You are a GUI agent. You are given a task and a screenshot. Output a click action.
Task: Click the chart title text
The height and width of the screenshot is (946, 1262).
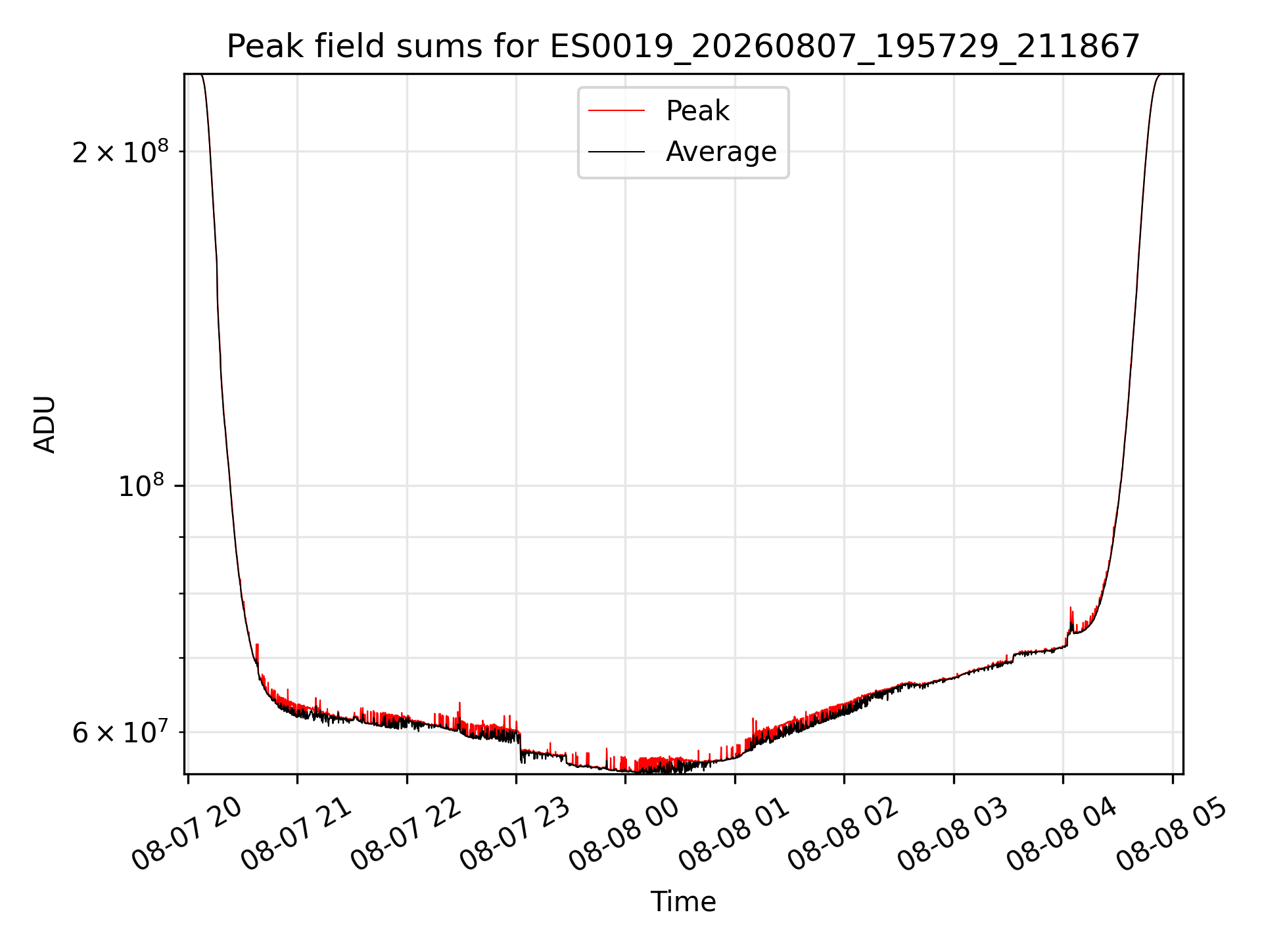tap(683, 47)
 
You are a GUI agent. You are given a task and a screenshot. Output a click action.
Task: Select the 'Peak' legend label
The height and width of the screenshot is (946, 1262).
tap(697, 111)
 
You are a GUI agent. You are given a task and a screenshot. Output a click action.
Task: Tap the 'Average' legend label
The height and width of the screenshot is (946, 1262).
tap(721, 152)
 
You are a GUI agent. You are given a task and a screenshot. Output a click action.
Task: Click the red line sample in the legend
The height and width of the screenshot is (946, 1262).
tap(617, 111)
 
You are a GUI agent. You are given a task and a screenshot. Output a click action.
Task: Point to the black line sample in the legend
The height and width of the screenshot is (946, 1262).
tap(617, 152)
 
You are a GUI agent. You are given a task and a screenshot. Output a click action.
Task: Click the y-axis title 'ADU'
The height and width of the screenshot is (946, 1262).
tap(45, 424)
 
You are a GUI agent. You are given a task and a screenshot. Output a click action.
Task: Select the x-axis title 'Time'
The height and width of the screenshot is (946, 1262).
tap(683, 901)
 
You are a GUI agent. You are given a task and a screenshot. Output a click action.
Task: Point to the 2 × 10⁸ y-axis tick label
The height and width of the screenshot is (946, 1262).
tap(120, 152)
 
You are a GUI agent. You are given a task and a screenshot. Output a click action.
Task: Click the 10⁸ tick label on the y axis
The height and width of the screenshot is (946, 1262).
tap(141, 486)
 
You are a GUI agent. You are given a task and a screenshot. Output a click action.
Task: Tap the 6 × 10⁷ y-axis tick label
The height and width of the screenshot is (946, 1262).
tap(120, 732)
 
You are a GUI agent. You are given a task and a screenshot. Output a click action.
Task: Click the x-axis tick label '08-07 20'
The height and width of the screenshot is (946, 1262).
tap(187, 835)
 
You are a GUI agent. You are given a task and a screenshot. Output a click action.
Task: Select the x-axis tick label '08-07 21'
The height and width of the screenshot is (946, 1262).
tap(296, 835)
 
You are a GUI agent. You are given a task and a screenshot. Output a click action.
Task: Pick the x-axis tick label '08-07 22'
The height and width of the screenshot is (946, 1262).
tap(406, 835)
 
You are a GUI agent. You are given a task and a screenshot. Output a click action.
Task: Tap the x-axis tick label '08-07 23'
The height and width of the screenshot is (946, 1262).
tap(515, 835)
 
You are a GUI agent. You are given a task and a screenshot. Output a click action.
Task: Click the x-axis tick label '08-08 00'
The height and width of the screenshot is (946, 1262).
tap(624, 835)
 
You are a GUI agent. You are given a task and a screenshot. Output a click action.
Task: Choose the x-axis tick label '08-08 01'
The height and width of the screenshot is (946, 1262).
tap(734, 835)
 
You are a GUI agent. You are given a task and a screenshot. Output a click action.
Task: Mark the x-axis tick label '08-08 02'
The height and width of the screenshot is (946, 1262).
tap(843, 835)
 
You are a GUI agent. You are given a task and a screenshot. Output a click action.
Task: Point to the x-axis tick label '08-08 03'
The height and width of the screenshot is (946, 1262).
tap(953, 835)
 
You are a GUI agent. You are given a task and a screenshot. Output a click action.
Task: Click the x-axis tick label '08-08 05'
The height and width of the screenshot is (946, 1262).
tap(1172, 835)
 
